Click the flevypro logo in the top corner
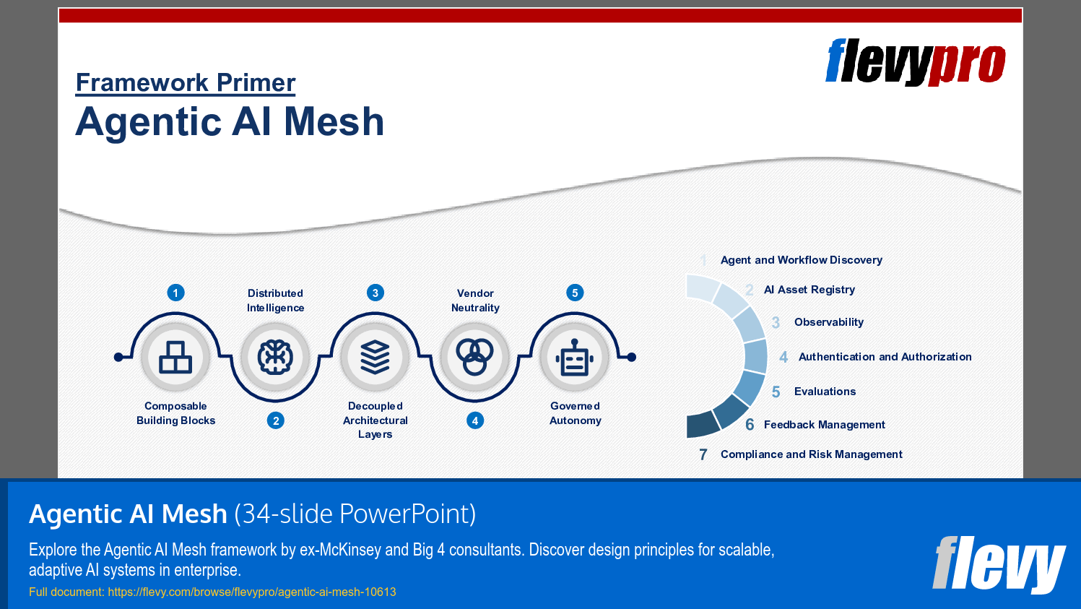915,62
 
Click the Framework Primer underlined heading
186,83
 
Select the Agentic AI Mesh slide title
230,121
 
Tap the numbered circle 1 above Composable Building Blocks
175,293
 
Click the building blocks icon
175,357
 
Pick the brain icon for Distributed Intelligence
275,357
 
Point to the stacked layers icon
375,357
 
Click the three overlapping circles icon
474,357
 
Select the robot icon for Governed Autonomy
575,357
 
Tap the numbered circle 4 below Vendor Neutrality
474,420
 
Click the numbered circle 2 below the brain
275,420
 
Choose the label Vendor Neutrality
475,301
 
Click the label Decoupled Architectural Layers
375,420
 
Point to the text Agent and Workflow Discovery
801,260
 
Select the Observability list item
828,322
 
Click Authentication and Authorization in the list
885,357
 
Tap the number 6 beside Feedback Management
750,425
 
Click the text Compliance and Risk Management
811,454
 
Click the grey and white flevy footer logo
999,564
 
